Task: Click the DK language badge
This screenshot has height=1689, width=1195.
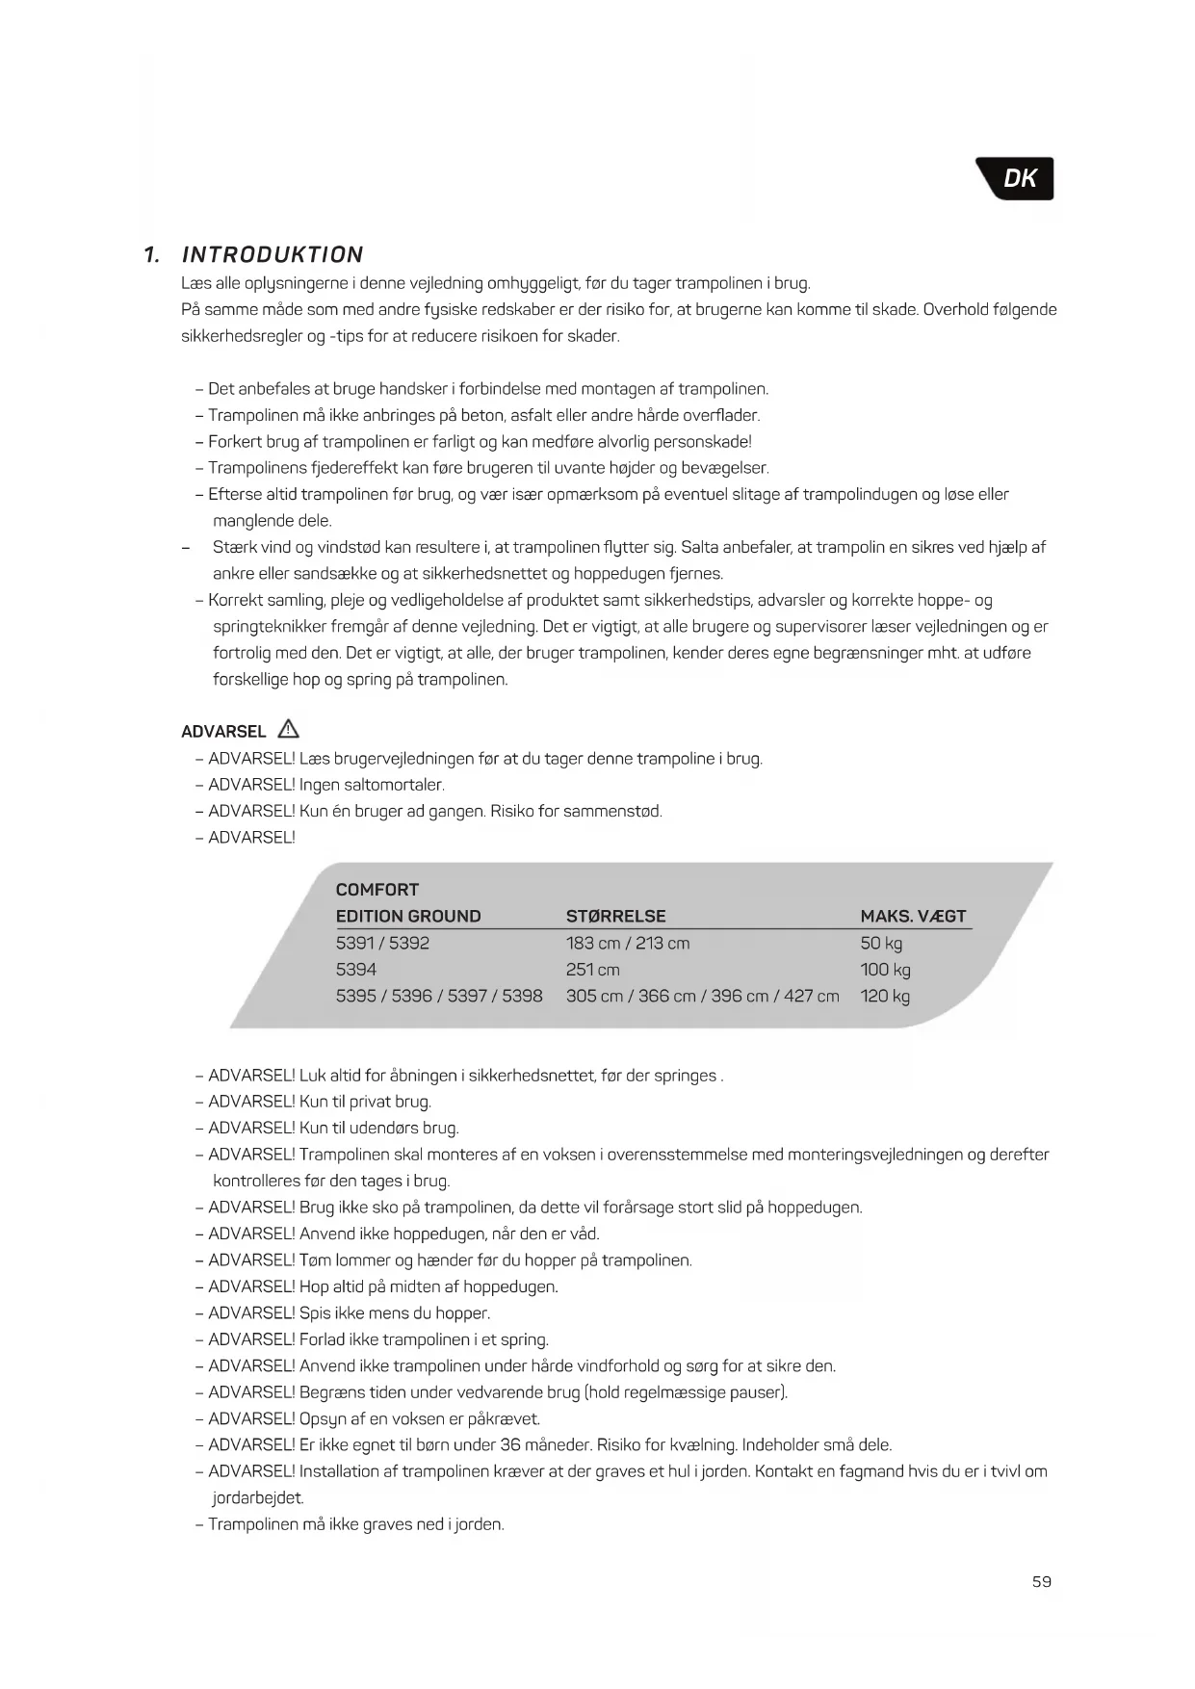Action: pyautogui.click(x=1018, y=178)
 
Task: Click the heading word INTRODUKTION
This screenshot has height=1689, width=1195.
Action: pyautogui.click(x=273, y=255)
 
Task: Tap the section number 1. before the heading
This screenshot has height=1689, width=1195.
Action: pyautogui.click(x=151, y=255)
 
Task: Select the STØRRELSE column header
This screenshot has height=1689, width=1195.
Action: pyautogui.click(x=615, y=916)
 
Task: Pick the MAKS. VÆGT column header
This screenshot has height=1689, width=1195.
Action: pyautogui.click(x=913, y=916)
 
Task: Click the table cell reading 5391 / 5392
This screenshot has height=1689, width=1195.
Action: pyautogui.click(x=382, y=943)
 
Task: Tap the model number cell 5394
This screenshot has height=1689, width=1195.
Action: pyautogui.click(x=355, y=970)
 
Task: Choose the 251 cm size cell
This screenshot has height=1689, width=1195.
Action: pyautogui.click(x=592, y=970)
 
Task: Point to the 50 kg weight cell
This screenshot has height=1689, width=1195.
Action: pyautogui.click(x=881, y=943)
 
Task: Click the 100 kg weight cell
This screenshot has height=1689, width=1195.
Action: pyautogui.click(x=885, y=970)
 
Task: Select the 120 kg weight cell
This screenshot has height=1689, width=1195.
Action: pyautogui.click(x=885, y=996)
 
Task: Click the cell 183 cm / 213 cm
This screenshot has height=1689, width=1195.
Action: pyautogui.click(x=628, y=943)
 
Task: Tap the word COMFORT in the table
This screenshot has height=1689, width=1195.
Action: pyautogui.click(x=377, y=890)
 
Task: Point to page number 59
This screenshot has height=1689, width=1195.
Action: pyautogui.click(x=1041, y=1581)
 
